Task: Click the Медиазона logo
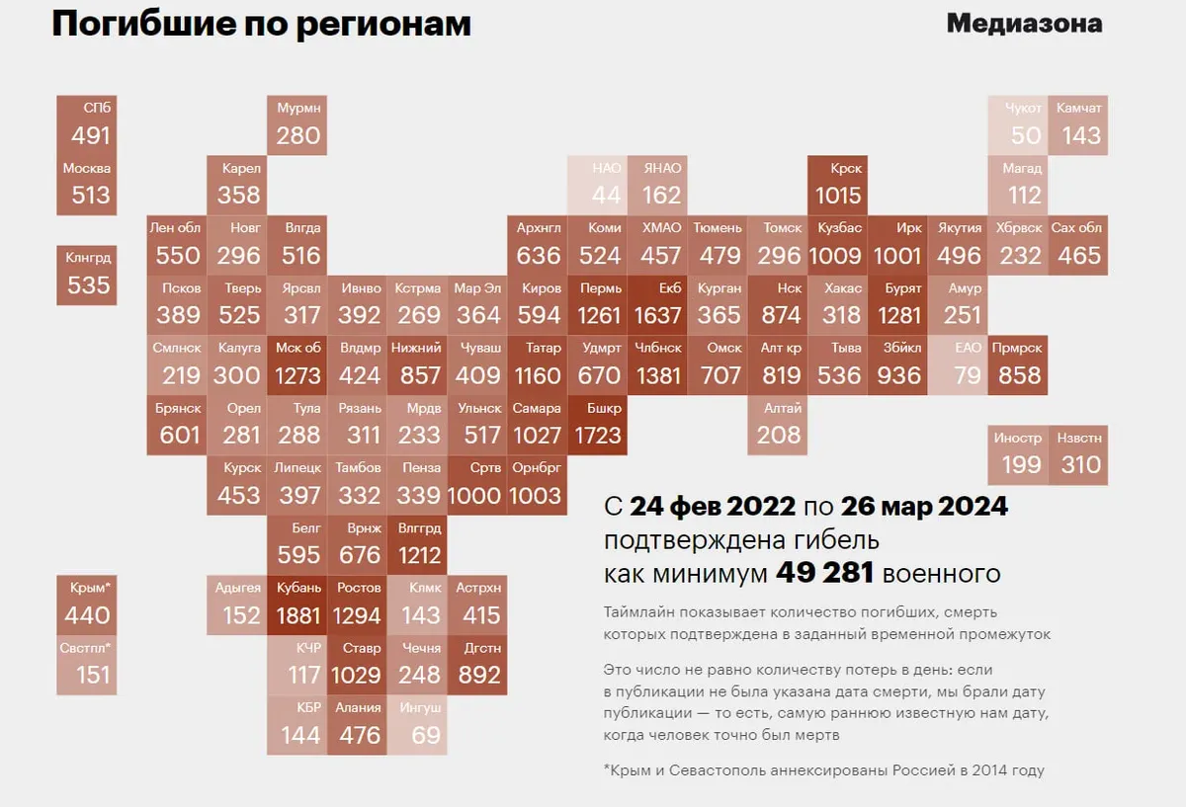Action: coord(1024,24)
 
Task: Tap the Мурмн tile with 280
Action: coord(298,124)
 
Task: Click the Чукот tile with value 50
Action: coord(1020,124)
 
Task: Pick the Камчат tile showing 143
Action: coord(1078,124)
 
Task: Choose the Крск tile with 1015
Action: coord(838,185)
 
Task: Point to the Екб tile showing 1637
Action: coord(658,305)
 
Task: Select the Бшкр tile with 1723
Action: coord(598,425)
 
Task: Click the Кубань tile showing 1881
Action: coord(298,605)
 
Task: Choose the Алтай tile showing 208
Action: coord(779,425)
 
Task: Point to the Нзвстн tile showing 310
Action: coord(1078,454)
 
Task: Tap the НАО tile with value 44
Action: coord(598,185)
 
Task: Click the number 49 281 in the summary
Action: coord(824,573)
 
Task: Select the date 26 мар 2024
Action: coord(924,507)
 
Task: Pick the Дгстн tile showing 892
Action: coord(479,666)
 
